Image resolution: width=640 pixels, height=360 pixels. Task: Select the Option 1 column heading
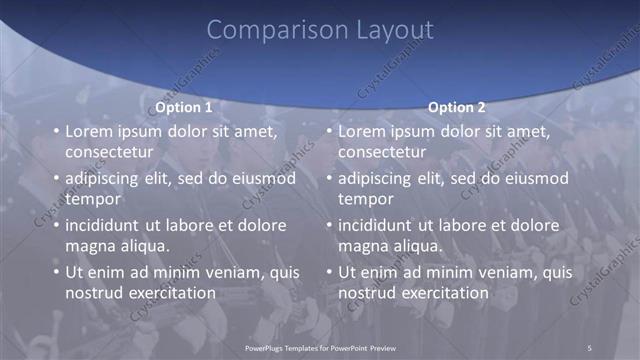pos(184,107)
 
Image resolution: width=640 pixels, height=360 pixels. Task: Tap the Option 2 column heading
pos(457,107)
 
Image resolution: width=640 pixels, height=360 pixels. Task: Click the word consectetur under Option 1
pos(109,152)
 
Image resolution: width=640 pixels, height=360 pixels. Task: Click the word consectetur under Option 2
pos(382,152)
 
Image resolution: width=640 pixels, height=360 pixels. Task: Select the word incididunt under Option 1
pos(106,225)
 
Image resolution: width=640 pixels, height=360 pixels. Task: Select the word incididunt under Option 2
pos(379,225)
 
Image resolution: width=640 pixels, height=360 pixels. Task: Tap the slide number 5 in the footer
pos(590,347)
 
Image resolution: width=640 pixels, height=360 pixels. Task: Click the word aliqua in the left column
pos(142,246)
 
